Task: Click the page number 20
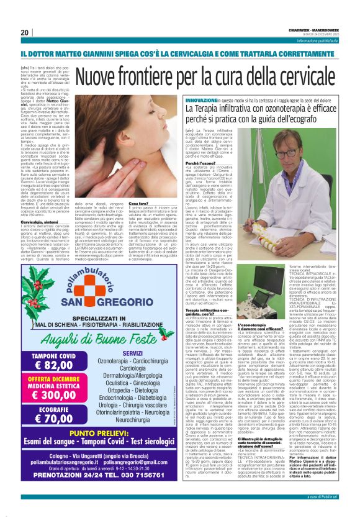coord(25,32)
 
